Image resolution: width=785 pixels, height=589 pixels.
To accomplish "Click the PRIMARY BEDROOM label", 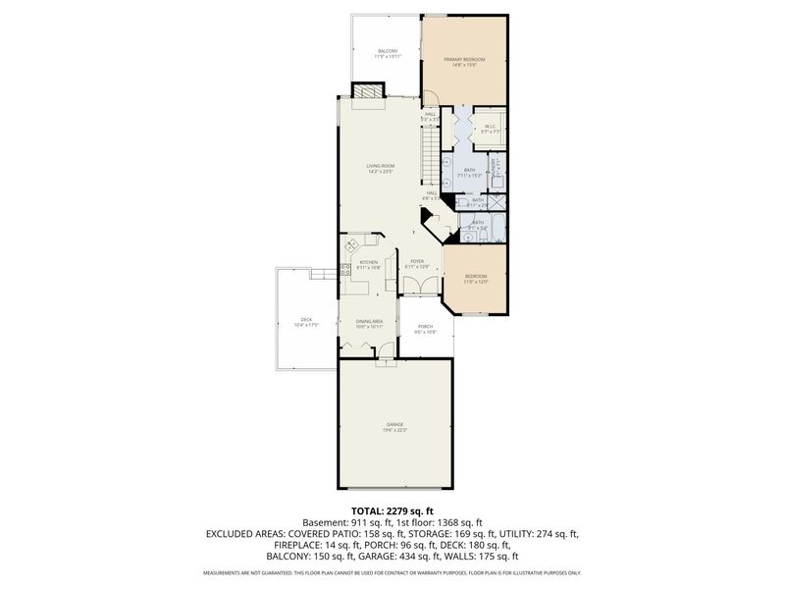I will point(464,61).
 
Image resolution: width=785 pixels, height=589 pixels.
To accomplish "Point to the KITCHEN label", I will point(369,263).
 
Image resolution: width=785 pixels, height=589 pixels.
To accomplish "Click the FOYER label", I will point(417,263).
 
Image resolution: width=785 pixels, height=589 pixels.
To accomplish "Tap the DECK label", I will point(306,320).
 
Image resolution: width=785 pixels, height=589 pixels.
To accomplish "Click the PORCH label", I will point(426,329).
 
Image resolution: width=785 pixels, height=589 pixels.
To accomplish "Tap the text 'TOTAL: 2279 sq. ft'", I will point(392,511).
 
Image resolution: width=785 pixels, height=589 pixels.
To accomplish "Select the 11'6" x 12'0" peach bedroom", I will point(476,279).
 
